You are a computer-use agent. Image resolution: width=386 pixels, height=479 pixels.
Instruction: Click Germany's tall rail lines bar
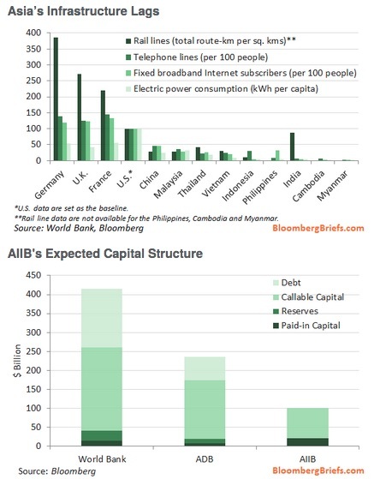tap(56, 99)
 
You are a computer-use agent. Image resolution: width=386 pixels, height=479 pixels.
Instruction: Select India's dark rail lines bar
tap(292, 147)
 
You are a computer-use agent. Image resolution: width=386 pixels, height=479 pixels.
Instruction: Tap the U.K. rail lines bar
tap(80, 117)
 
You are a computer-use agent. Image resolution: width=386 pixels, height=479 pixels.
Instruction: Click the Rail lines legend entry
tap(211, 41)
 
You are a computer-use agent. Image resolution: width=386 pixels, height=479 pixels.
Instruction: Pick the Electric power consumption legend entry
tap(222, 89)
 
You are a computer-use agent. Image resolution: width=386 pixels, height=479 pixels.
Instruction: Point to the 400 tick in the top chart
tap(33, 33)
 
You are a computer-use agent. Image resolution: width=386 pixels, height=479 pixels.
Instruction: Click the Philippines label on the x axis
tap(260, 187)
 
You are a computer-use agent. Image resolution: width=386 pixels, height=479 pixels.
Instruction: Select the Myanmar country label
tap(333, 186)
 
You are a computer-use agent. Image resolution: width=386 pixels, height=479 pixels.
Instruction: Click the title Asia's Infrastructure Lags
tap(84, 11)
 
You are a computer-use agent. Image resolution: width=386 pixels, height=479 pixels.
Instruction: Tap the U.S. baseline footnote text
tap(71, 208)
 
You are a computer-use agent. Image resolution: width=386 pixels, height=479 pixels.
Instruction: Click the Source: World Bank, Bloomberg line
tap(79, 228)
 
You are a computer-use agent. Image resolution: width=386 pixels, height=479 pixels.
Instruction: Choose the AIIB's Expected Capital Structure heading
tap(105, 254)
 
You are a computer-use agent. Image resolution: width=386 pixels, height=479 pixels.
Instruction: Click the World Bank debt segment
tap(102, 318)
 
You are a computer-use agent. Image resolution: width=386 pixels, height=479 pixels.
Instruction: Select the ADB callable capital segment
tap(205, 410)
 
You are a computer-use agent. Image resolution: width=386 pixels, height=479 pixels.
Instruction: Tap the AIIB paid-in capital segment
tap(307, 442)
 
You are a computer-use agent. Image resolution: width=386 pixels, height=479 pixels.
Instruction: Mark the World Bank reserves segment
tap(102, 435)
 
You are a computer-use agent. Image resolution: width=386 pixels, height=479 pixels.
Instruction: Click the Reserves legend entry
tap(295, 311)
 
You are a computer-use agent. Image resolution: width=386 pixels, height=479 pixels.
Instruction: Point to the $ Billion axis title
tap(17, 361)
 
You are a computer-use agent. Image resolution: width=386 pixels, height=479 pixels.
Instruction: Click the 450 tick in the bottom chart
tap(33, 275)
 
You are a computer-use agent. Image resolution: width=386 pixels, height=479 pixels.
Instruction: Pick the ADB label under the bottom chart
tap(205, 458)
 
